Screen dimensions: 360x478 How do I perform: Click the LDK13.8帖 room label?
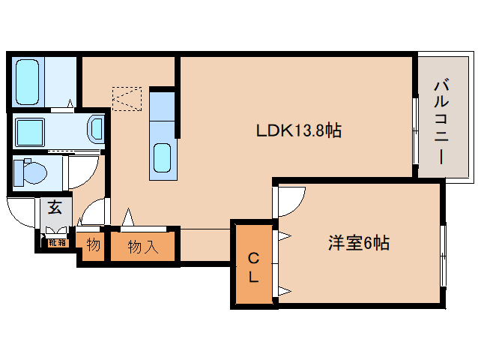[299, 130]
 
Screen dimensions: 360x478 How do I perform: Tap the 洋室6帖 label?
[358, 243]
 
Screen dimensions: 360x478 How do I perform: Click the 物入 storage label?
[142, 246]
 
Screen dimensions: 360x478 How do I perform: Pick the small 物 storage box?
[93, 245]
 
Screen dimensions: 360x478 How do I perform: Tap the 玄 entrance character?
[55, 208]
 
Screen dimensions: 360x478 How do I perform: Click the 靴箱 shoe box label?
[57, 241]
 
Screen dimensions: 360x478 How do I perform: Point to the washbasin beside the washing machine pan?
[96, 129]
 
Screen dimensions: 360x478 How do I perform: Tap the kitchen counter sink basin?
[163, 157]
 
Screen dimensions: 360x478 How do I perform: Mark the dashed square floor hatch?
[126, 98]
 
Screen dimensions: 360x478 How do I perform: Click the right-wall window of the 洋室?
[443, 255]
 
